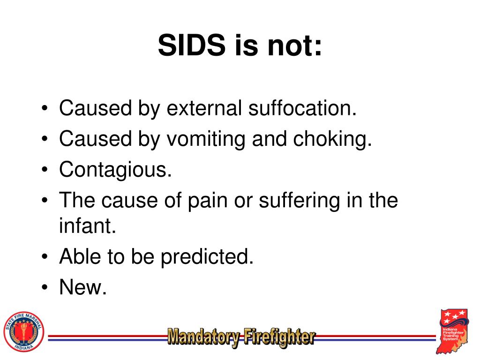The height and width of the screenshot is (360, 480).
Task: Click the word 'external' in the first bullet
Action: [203, 108]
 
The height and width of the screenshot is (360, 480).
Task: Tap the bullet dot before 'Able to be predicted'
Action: [44, 258]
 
